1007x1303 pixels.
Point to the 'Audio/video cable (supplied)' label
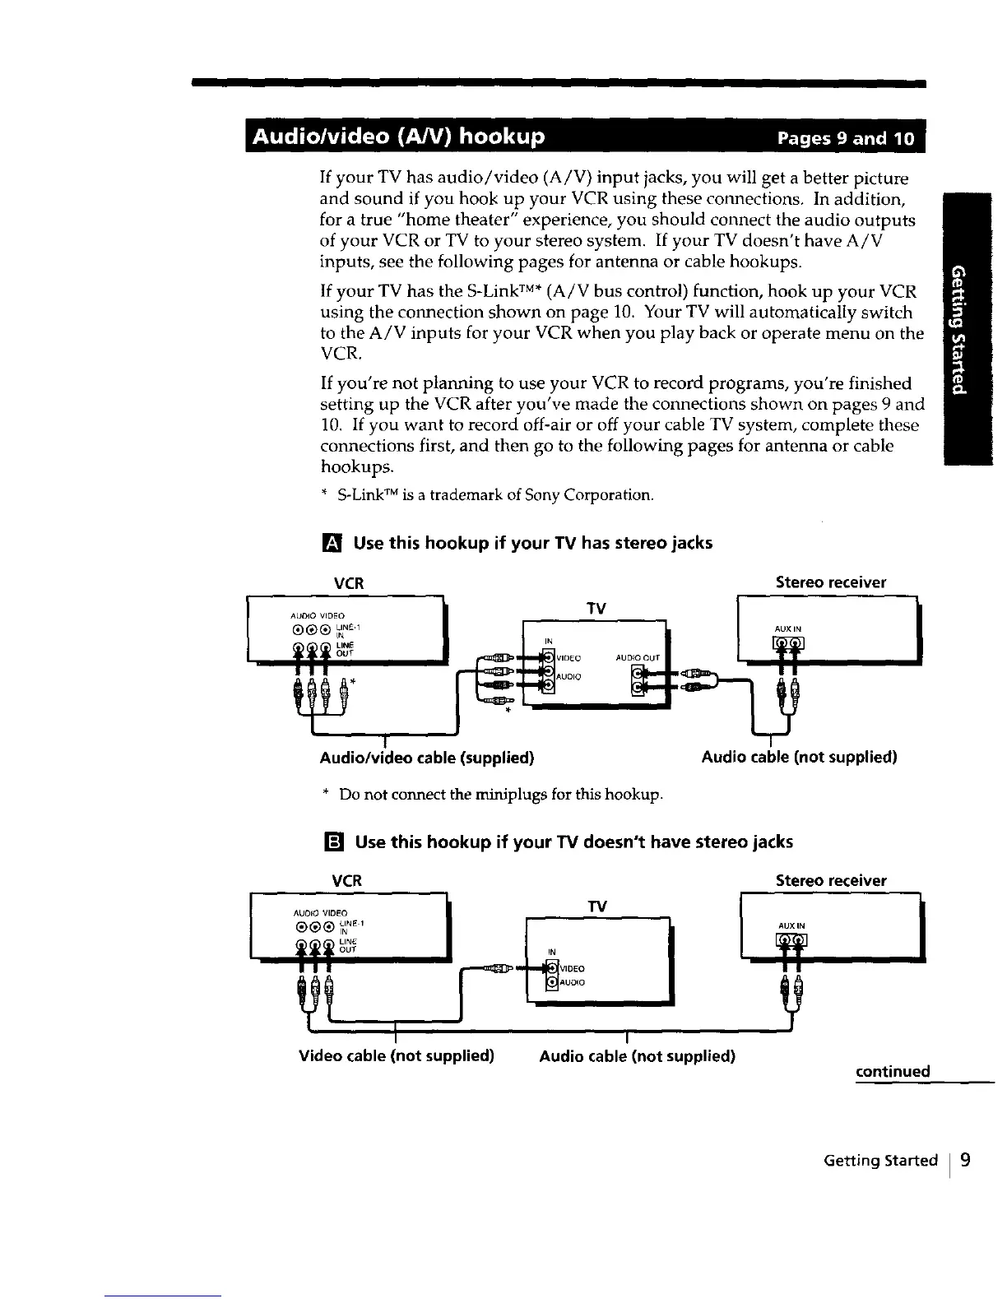click(x=426, y=757)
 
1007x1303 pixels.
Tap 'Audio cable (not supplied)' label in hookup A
click(x=799, y=757)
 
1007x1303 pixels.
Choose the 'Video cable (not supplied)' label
click(x=396, y=1055)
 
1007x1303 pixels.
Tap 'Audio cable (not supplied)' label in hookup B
click(x=637, y=1055)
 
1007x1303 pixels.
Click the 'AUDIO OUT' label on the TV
click(x=638, y=657)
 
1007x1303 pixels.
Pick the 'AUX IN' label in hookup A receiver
click(x=787, y=628)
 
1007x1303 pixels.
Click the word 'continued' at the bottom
click(x=893, y=1071)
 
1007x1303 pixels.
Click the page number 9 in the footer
click(x=965, y=1160)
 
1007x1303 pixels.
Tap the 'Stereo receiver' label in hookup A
click(x=831, y=582)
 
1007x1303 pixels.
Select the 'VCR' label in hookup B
click(x=346, y=880)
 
